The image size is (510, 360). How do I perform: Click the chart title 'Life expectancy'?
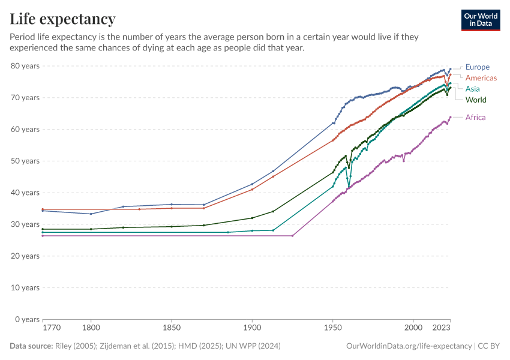62,19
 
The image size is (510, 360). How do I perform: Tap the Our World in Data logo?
480,20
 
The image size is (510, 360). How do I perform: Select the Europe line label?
478,67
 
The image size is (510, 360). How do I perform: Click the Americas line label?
481,78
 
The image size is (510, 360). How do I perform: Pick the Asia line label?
472,89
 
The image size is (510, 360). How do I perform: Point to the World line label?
476,100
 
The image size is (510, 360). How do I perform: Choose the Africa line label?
475,118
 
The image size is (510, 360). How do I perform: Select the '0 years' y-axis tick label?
27,319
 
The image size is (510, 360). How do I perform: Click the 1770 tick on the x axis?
51,329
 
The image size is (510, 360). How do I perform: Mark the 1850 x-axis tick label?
172,329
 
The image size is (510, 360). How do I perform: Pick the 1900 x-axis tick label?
252,329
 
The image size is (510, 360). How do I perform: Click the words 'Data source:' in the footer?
31,346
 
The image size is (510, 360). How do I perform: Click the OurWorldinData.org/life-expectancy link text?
409,346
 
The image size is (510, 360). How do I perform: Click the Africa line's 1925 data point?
292,236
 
